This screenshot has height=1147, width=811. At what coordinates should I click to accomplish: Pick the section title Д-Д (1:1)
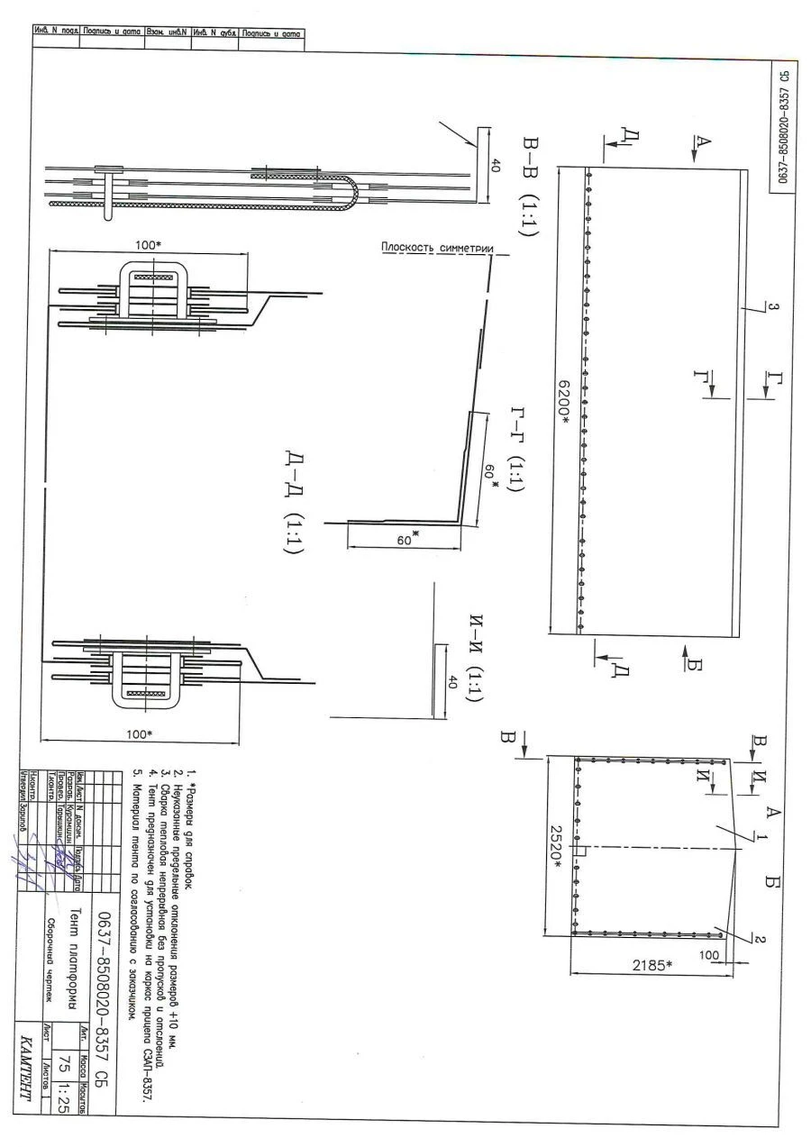coord(294,504)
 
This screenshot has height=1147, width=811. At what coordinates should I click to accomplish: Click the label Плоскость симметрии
coord(433,248)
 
